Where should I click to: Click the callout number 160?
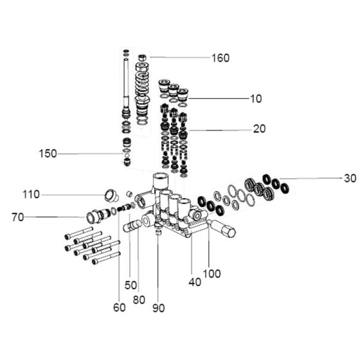(220, 58)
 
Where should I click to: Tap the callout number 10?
(256, 99)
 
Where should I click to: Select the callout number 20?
(259, 129)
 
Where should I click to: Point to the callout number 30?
(350, 178)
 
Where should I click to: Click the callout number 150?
(48, 154)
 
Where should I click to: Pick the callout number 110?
(31, 194)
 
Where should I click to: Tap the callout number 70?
(18, 217)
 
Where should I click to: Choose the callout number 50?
(130, 285)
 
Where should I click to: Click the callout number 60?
(120, 307)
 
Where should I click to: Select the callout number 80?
(139, 300)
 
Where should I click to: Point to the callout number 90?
(158, 308)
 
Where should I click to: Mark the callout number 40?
(195, 282)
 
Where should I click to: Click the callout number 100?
(212, 274)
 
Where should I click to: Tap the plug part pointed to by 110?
(111, 195)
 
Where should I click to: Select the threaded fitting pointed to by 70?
(98, 216)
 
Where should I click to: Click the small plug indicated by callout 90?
(158, 233)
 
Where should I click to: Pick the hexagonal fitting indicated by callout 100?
(222, 228)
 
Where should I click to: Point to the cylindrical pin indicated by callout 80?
(132, 226)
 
